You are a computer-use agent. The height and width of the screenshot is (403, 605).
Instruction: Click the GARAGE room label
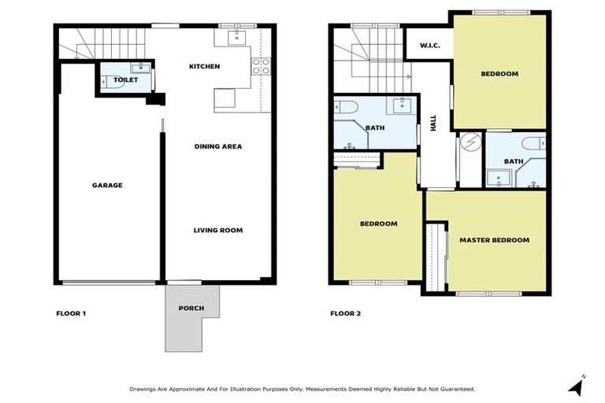(x=107, y=186)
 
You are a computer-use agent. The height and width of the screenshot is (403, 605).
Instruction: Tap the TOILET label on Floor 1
(x=124, y=80)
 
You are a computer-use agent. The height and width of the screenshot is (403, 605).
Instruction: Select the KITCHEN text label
(x=204, y=67)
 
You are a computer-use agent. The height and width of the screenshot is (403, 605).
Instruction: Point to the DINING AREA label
(x=218, y=146)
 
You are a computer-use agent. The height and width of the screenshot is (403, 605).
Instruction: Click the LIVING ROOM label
(x=218, y=231)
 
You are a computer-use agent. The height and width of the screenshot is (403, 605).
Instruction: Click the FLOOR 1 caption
(x=71, y=313)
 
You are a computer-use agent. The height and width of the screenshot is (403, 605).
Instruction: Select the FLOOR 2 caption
(x=345, y=313)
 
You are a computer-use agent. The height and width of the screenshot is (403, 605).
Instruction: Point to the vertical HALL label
(x=432, y=123)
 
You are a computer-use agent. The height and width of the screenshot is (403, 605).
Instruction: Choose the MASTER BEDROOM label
(x=494, y=240)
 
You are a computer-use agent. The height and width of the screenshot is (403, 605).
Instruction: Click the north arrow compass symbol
(x=577, y=386)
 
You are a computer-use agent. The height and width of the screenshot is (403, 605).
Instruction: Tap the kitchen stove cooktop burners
(x=261, y=65)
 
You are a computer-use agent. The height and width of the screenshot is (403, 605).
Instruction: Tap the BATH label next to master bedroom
(x=514, y=161)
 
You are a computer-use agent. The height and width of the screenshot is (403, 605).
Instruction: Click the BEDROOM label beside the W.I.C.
(x=499, y=74)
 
